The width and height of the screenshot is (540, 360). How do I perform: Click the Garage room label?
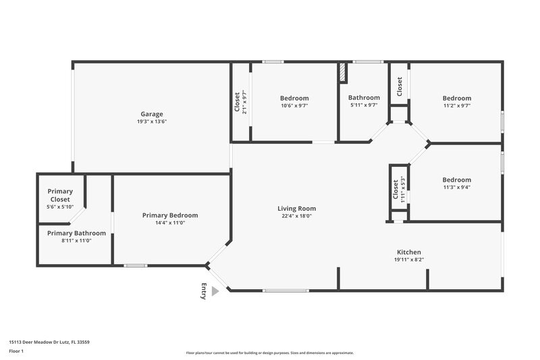pos(152,114)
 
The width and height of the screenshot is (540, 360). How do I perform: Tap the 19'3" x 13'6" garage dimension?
pos(152,122)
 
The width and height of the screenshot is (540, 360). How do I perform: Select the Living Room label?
pos(296,209)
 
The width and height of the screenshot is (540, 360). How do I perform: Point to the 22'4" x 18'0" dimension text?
pos(296,217)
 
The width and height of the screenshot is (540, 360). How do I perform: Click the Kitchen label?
pos(408,251)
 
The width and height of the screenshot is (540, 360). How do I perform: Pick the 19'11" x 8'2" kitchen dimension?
pos(408,259)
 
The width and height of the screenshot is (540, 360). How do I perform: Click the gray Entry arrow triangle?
pos(215,291)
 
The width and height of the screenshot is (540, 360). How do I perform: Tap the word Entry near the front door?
pos(203,291)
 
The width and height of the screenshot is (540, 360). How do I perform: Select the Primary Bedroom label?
pos(170,215)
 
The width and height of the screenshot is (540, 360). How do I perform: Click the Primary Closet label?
pos(60,195)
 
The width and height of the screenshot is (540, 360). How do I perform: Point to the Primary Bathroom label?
pos(76,233)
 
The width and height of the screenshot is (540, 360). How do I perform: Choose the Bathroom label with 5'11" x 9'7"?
pos(364,98)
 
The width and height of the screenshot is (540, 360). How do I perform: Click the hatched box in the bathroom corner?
pos(342,71)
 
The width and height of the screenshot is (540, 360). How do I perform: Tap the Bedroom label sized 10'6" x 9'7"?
pos(294,98)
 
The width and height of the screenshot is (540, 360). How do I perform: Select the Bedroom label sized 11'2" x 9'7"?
pos(456,98)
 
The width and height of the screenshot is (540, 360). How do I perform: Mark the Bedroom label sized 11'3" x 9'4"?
pos(456,180)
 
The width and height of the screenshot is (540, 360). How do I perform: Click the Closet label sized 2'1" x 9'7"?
pos(237,103)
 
